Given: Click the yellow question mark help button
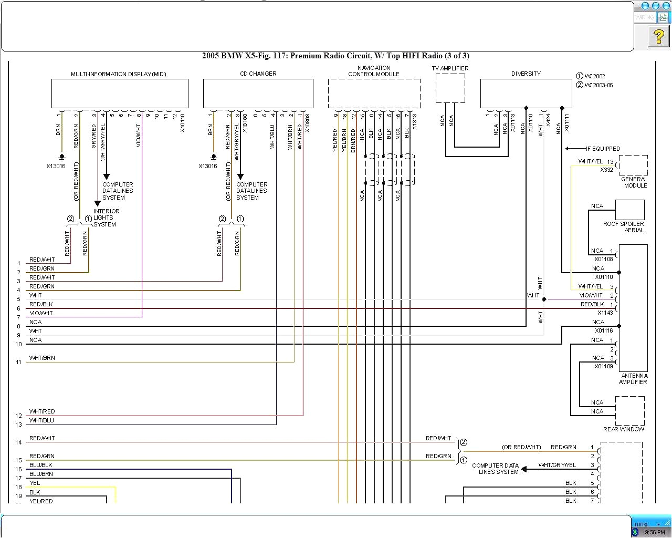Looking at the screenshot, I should pos(658,36).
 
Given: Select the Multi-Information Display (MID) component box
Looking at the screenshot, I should pos(120,94).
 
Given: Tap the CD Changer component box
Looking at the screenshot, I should pos(258,94).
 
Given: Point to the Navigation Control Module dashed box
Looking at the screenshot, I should pos(374,94).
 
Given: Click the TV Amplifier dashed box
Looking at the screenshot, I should pos(450,88).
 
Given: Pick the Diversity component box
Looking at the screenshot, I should pos(526,94).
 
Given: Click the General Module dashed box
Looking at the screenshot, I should pos(633,165).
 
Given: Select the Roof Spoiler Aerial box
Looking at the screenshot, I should pos(629,210).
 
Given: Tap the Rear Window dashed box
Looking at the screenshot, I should pos(629,410).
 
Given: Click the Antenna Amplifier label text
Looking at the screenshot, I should pos(634,379).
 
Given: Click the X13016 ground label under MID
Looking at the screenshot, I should pos(56,166).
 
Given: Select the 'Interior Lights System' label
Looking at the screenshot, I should pos(106,218).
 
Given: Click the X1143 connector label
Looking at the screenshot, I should pos(605,313).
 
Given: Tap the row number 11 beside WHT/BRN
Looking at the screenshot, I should pos(19,362).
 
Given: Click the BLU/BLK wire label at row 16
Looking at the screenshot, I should pos(41,465).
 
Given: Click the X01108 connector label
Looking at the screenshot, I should pos(603,259).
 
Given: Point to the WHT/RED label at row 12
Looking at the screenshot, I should pos(42,411).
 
